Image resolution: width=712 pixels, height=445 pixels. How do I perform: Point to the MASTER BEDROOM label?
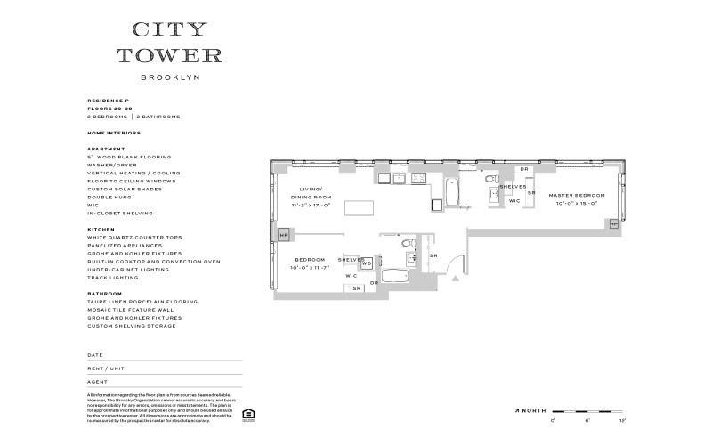(571, 195)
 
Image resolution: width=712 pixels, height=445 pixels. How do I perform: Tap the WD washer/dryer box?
(366, 263)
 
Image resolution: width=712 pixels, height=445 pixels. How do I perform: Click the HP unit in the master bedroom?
(613, 224)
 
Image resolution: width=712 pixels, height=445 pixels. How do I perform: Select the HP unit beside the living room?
(283, 235)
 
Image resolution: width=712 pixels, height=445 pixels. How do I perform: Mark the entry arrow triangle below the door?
(457, 279)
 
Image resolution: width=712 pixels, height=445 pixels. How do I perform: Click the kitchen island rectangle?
(358, 208)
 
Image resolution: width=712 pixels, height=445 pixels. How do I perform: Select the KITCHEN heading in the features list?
(101, 229)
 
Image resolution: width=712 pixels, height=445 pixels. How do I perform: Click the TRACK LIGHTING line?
(113, 278)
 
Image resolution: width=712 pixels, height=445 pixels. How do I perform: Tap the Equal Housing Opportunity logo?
(247, 413)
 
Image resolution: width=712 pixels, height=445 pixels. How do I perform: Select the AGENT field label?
(97, 381)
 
